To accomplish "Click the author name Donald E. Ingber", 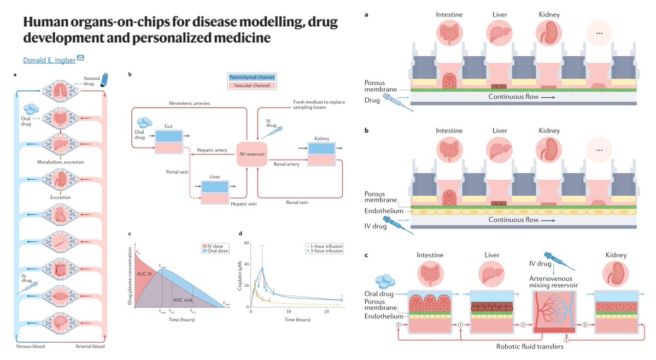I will (x=49, y=60).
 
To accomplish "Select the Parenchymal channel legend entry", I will (x=253, y=77).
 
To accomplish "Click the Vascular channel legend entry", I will (x=253, y=85).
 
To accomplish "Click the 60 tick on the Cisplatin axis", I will (x=246, y=243).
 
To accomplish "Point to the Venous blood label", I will (x=31, y=346).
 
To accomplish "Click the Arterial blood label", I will (x=90, y=346).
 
